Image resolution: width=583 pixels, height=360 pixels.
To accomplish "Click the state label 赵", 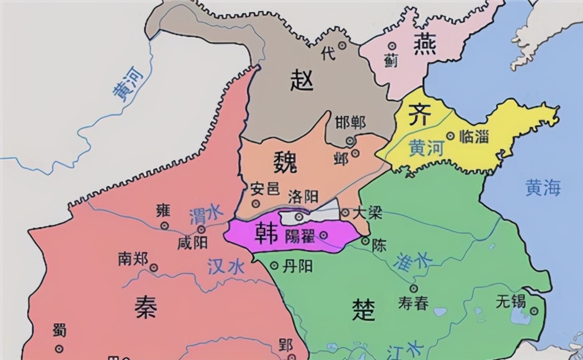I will tap(301, 80).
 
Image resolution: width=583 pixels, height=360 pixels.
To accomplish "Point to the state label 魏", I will tap(285, 160).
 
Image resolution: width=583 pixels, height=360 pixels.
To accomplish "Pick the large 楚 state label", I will tap(363, 309).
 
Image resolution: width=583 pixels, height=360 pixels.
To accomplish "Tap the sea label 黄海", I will tap(543, 188).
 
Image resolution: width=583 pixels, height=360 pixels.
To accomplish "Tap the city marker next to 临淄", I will tap(450, 136).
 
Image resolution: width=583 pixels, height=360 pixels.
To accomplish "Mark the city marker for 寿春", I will tap(413, 288).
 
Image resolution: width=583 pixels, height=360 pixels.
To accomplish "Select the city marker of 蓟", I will tap(392, 45).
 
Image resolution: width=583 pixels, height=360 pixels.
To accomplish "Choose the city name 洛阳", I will tap(303, 197).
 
